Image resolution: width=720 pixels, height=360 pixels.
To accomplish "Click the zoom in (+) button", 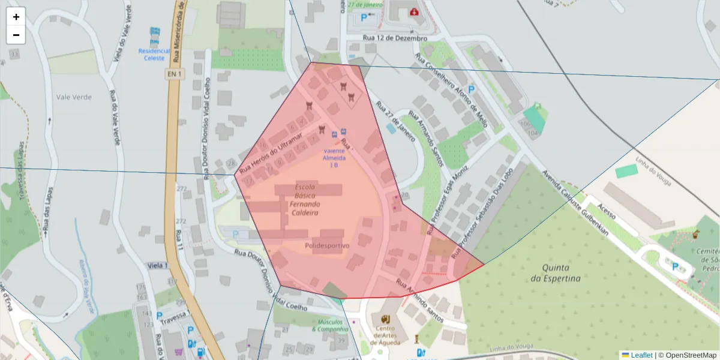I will click(16, 17).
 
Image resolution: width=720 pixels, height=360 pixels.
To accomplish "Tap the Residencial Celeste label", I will click(154, 54).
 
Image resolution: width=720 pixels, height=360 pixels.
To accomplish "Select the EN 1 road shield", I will click(173, 73).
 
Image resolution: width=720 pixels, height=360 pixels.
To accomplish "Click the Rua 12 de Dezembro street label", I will click(394, 38).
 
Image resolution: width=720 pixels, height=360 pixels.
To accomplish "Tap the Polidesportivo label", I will click(326, 245).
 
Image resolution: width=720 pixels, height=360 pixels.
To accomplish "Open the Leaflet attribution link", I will click(641, 355).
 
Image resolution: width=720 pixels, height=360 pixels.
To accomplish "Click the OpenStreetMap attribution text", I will click(688, 355).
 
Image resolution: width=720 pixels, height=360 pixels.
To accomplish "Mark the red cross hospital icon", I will click(413, 11).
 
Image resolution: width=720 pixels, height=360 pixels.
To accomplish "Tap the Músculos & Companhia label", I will click(330, 325).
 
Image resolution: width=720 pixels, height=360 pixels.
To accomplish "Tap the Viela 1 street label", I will click(157, 265).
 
